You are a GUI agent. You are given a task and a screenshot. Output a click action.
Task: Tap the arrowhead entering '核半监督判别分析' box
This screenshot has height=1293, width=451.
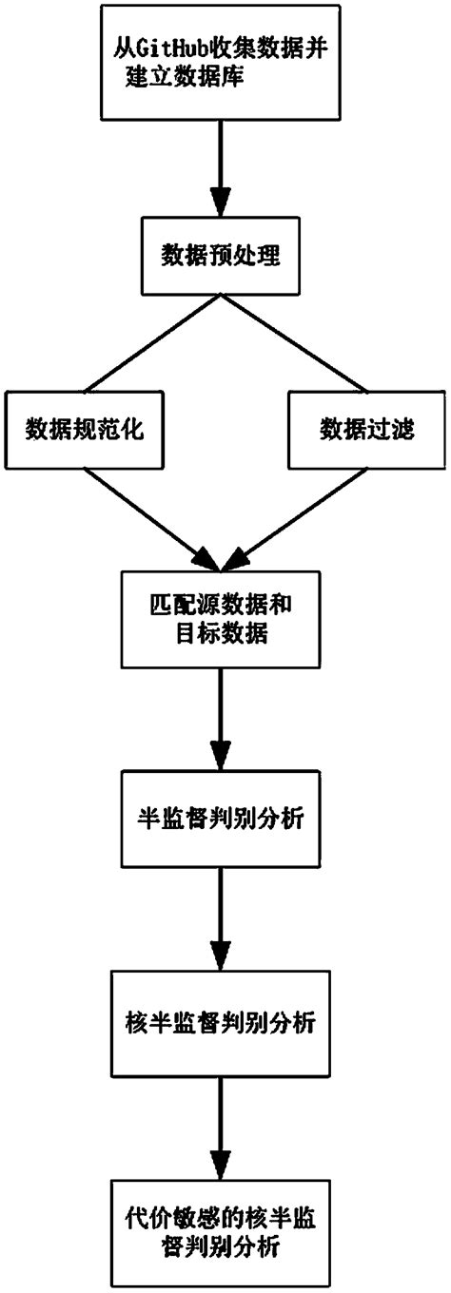click(x=221, y=954)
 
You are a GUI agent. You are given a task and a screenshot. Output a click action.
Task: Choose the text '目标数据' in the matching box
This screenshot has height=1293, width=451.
click(x=221, y=634)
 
